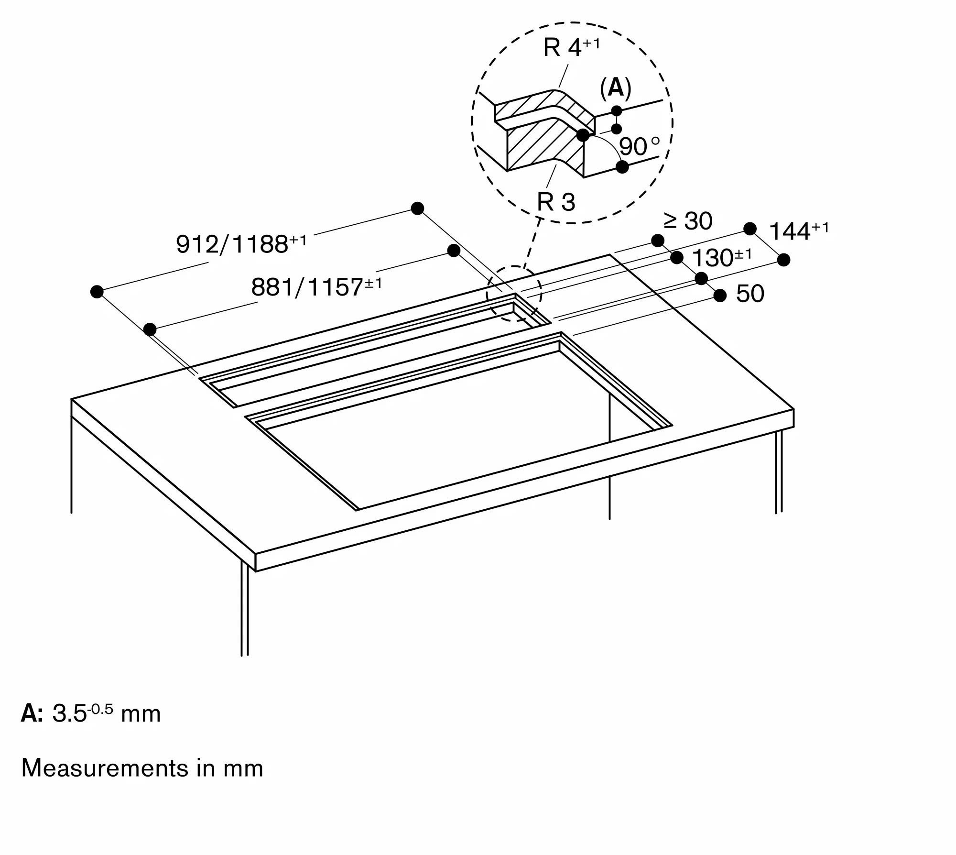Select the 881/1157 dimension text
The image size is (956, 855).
[316, 287]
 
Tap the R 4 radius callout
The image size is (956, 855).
[571, 48]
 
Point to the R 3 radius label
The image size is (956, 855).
[556, 202]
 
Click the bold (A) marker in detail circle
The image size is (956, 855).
[616, 88]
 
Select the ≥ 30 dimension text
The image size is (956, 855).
[688, 221]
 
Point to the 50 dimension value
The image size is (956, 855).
[750, 294]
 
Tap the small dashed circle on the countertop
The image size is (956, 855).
[514, 293]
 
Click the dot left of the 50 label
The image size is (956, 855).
[720, 296]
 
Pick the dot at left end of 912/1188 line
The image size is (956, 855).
[97, 292]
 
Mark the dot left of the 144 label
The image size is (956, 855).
[750, 229]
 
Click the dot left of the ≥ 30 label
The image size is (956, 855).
[658, 240]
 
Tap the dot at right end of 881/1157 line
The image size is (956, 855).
[454, 250]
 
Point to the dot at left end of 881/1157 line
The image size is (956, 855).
[150, 329]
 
